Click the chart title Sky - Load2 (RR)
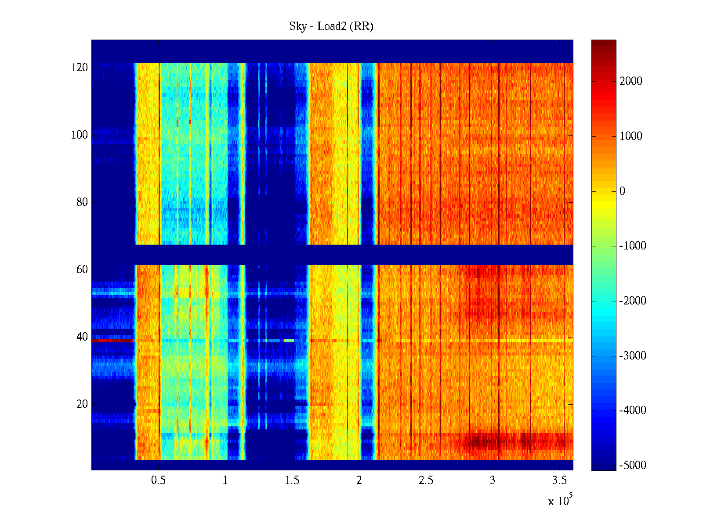[331, 26]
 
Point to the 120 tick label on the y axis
[79, 68]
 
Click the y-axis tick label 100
[79, 135]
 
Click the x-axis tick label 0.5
[158, 480]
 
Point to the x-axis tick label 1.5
[292, 480]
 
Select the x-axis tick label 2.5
[425, 480]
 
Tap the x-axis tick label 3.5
[559, 480]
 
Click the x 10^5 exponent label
[560, 501]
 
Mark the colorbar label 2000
[631, 81]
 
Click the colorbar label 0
[622, 191]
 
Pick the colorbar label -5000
[632, 466]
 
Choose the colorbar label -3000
[632, 356]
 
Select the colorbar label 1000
[631, 136]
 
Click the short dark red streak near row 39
[112, 340]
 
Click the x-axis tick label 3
[493, 480]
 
